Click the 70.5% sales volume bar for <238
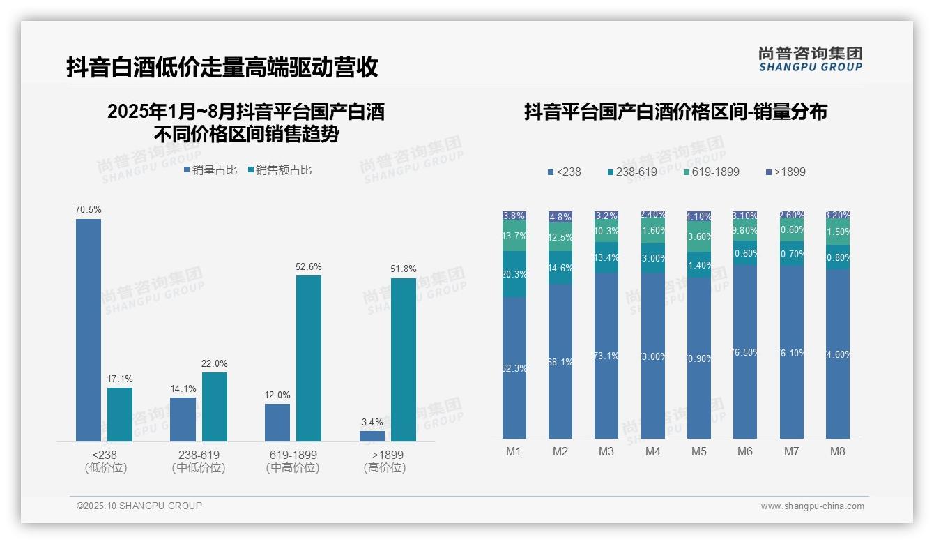(x=89, y=330)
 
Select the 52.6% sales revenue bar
(x=309, y=358)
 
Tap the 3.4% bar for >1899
(x=372, y=436)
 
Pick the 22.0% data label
(x=215, y=363)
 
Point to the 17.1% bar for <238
(x=120, y=414)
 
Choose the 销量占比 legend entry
(x=210, y=170)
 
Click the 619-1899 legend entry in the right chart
(x=710, y=172)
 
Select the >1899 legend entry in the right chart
(x=786, y=172)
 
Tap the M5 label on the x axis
(x=699, y=451)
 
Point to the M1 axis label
(x=514, y=451)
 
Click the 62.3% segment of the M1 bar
(x=514, y=368)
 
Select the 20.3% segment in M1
(x=514, y=274)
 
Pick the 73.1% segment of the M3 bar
(x=606, y=356)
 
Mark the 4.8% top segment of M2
(x=560, y=217)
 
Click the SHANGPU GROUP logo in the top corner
(x=811, y=59)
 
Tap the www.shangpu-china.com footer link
(x=812, y=506)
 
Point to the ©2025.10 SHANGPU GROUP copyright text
(x=139, y=506)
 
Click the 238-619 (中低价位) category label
(x=199, y=461)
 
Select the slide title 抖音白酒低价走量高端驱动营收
(x=222, y=67)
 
